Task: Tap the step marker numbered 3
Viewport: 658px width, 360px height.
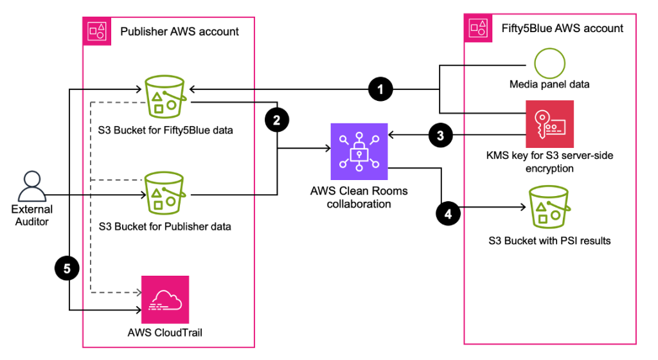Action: (440, 135)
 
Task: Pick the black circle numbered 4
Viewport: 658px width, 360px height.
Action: (448, 213)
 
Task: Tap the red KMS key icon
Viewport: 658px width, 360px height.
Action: (549, 123)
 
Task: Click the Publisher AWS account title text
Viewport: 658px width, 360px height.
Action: (179, 31)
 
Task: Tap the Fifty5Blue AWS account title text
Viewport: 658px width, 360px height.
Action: (562, 28)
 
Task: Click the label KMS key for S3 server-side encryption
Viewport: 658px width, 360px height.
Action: (549, 162)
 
